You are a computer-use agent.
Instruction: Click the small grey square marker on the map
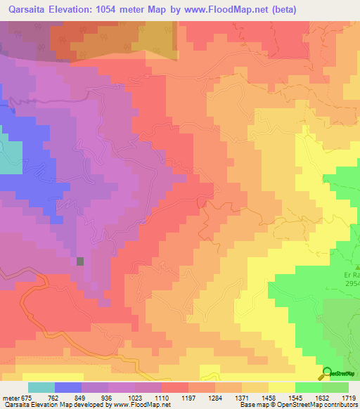[x=80, y=261]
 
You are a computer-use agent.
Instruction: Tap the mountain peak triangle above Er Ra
[x=356, y=267]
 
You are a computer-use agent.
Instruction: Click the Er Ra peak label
[x=352, y=275]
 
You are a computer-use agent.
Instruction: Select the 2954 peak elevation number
[x=352, y=284]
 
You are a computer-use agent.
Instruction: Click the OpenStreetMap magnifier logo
[x=327, y=373]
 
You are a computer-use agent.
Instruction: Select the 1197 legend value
[x=189, y=397]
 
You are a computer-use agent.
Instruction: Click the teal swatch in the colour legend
[x=41, y=387]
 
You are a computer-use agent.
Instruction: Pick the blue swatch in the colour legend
[x=68, y=387]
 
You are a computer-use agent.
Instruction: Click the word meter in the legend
[x=11, y=397]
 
